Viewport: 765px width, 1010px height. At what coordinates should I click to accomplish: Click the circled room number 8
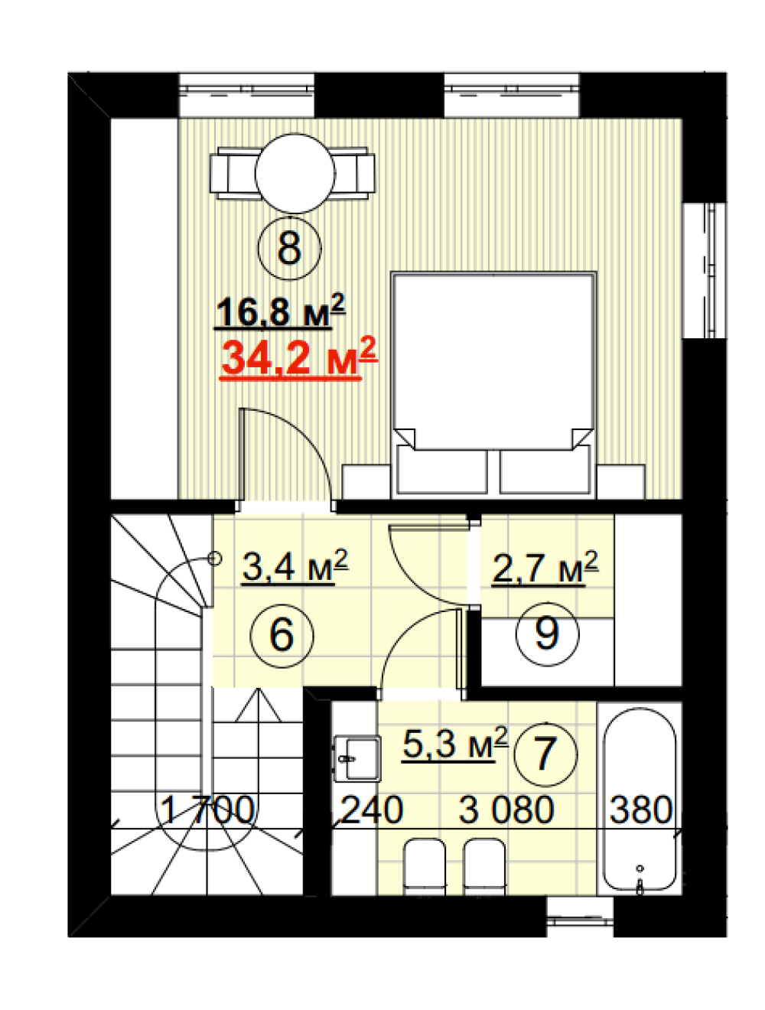pyautogui.click(x=289, y=249)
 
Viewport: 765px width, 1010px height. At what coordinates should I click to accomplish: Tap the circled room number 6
pyautogui.click(x=282, y=635)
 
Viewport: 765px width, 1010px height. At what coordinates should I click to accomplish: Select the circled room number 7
pyautogui.click(x=545, y=754)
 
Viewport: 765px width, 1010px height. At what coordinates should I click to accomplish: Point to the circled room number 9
pyautogui.click(x=546, y=634)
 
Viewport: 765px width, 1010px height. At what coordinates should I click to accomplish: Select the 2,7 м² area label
pyautogui.click(x=545, y=568)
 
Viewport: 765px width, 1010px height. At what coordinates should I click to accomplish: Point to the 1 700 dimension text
pyautogui.click(x=207, y=810)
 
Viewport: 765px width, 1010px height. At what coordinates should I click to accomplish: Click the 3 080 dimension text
pyautogui.click(x=506, y=810)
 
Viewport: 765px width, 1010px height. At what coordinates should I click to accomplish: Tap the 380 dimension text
pyautogui.click(x=641, y=810)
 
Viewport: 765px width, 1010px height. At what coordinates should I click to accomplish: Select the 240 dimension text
pyautogui.click(x=372, y=810)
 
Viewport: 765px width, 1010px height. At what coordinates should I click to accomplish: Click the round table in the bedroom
pyautogui.click(x=295, y=174)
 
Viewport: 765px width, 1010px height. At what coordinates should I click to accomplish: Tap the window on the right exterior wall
pyautogui.click(x=704, y=270)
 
